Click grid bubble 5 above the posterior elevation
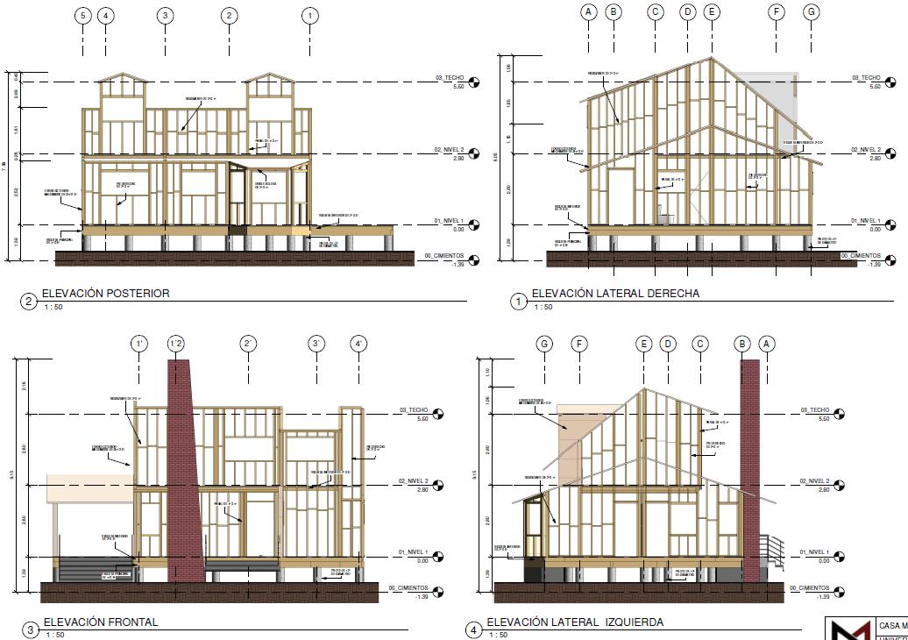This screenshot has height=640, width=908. (x=83, y=16)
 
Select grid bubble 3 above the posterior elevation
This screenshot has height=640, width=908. (x=165, y=16)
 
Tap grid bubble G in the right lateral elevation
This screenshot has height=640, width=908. (x=812, y=11)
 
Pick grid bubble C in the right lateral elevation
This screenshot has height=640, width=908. (x=655, y=11)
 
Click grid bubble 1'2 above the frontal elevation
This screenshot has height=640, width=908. (x=176, y=344)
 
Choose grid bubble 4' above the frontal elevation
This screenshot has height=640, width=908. (x=358, y=344)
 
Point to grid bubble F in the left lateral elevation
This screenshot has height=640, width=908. (x=578, y=344)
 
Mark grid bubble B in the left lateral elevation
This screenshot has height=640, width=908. (x=743, y=344)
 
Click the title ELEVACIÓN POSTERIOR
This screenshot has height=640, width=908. (x=105, y=294)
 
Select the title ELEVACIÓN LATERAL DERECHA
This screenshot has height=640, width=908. (x=615, y=294)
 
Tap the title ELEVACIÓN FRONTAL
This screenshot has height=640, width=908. (x=100, y=622)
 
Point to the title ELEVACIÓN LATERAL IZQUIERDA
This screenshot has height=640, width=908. (x=575, y=622)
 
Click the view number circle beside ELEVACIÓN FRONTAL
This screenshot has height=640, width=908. (x=31, y=629)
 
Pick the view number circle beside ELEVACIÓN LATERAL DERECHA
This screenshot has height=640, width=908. (x=518, y=302)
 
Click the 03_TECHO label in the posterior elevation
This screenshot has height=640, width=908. (x=453, y=78)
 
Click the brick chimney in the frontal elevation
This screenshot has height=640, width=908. (x=185, y=473)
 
